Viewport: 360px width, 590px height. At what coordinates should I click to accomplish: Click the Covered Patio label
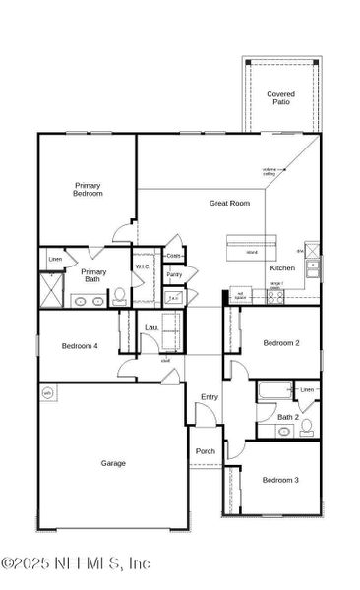click(x=280, y=97)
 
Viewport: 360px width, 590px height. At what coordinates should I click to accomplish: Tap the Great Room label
click(x=229, y=203)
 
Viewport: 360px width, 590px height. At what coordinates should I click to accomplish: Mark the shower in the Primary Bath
click(x=51, y=290)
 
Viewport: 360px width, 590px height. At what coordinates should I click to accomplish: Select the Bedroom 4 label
click(x=79, y=345)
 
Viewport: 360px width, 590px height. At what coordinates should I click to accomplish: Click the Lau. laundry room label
click(x=151, y=327)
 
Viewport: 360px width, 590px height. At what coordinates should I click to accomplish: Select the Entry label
click(x=210, y=397)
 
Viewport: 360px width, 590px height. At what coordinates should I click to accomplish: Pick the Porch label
click(x=205, y=451)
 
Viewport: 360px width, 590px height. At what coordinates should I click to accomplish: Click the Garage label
click(x=113, y=462)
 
